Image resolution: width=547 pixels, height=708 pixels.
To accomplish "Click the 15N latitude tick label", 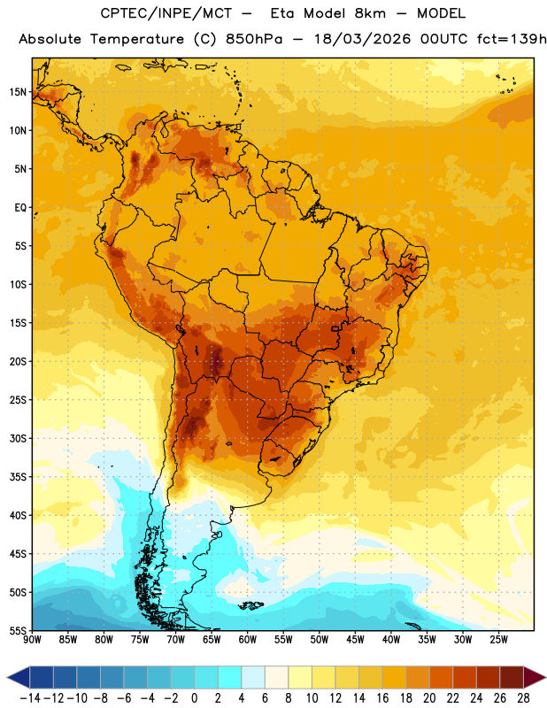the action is tap(18, 92).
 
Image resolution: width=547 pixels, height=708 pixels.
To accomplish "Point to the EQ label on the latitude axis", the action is tap(20, 208).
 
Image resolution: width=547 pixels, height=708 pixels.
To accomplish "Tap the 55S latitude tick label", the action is tap(18, 631).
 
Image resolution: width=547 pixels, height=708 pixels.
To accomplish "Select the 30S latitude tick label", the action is tap(18, 438).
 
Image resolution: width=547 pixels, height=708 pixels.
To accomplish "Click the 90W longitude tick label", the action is tap(33, 640).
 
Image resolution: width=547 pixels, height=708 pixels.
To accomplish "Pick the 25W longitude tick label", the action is tap(498, 640).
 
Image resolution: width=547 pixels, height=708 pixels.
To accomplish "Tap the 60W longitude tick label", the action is tap(248, 640).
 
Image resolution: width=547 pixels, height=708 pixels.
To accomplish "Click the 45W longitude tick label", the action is tap(356, 640).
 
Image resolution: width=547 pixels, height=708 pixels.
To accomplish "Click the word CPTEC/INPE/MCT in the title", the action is tap(166, 13).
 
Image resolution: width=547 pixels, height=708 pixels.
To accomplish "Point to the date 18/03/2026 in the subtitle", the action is tap(362, 39).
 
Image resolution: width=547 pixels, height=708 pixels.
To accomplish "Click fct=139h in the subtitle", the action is tap(512, 39).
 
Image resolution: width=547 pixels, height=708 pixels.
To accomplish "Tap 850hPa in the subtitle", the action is tap(254, 39).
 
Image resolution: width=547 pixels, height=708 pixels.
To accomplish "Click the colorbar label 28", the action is tap(523, 698).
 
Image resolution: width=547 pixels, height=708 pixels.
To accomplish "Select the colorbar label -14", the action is tap(29, 698).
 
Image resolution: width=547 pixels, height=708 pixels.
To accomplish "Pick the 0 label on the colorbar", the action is tap(194, 698).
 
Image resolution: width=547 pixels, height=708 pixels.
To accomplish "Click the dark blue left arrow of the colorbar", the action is tap(19, 677).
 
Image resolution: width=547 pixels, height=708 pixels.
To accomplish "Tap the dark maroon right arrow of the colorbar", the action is tap(535, 677).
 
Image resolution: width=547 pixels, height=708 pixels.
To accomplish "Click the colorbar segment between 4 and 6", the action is tap(253, 677).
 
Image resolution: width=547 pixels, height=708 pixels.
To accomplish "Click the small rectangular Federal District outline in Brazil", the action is tap(335, 328).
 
